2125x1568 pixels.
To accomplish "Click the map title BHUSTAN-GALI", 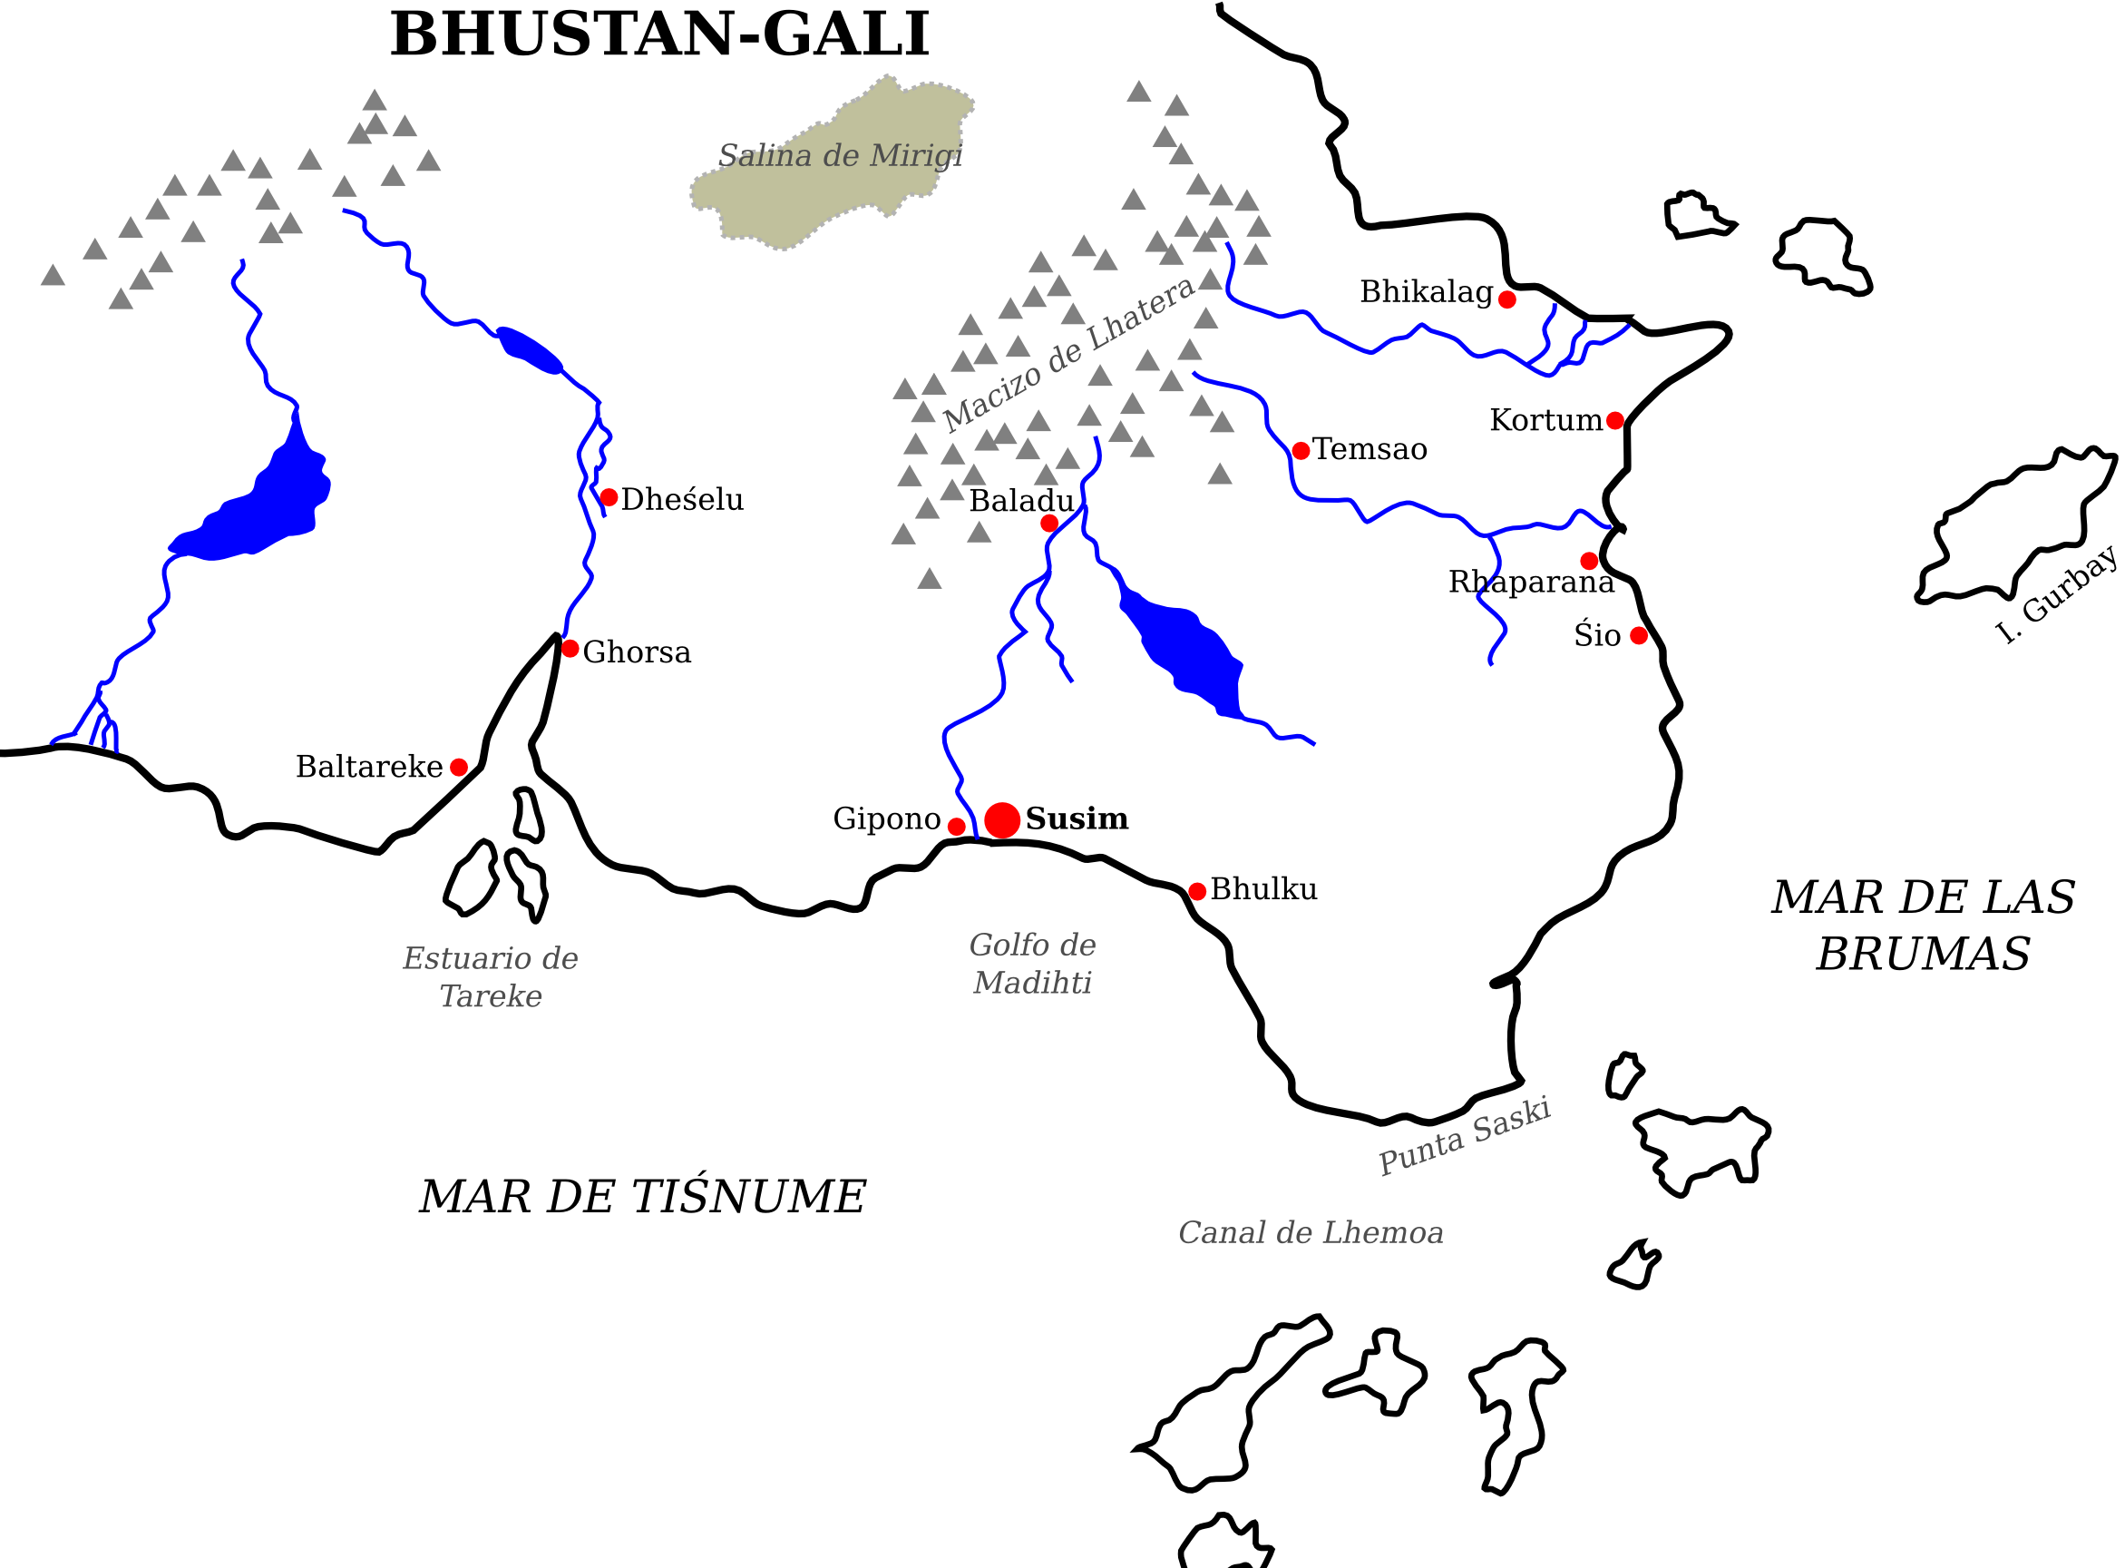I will (659, 35).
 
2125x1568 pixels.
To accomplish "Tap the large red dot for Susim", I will (1002, 820).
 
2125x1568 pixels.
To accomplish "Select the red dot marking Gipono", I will (956, 827).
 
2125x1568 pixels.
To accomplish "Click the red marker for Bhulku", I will (1197, 891).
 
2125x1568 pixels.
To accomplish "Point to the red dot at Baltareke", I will (458, 767).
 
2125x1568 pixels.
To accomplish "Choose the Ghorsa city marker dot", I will (570, 648).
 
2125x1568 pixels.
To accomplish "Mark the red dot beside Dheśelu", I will (609, 497).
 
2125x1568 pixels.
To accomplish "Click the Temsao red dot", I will (1301, 451).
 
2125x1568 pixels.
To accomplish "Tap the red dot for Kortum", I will (1614, 420).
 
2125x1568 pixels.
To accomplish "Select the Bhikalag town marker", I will (1506, 300).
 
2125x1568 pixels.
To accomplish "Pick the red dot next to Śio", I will (1638, 636).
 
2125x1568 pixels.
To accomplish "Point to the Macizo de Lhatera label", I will (1068, 353).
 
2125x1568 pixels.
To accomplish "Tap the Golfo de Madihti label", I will (1032, 964).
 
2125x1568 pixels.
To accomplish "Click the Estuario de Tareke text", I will (491, 976).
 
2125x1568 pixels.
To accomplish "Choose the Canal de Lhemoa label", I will (1311, 1233).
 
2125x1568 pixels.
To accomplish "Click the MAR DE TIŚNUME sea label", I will (642, 1197).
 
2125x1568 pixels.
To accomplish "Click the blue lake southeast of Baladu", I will (1185, 651).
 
